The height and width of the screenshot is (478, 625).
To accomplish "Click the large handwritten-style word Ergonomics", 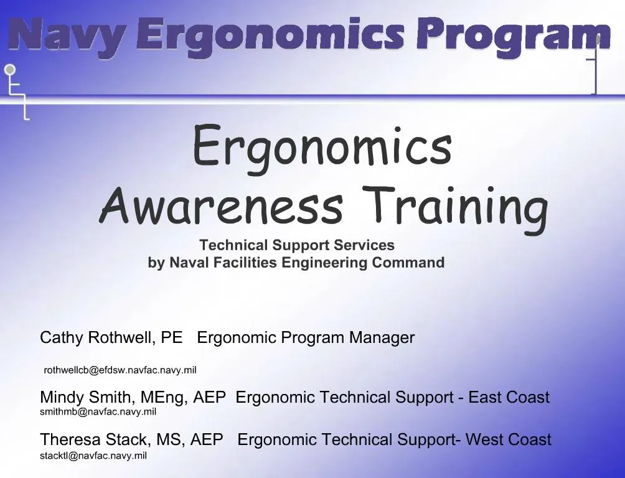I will (x=322, y=147).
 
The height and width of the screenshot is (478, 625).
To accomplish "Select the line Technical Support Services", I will (x=297, y=245).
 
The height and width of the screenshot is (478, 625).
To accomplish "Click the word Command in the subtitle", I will (x=408, y=263).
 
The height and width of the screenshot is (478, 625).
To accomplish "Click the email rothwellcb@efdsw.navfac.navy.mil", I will (x=120, y=370).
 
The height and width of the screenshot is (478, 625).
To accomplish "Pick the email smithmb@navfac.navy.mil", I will (x=98, y=412).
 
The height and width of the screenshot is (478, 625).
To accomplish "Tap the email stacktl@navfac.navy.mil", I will (x=93, y=456).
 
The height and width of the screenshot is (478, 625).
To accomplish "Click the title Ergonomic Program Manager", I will (x=306, y=338).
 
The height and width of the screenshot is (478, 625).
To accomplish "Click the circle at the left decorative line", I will (x=10, y=70).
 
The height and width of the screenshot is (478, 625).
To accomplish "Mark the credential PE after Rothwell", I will (x=172, y=338).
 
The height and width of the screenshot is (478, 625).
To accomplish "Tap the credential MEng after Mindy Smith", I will (x=164, y=397).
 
